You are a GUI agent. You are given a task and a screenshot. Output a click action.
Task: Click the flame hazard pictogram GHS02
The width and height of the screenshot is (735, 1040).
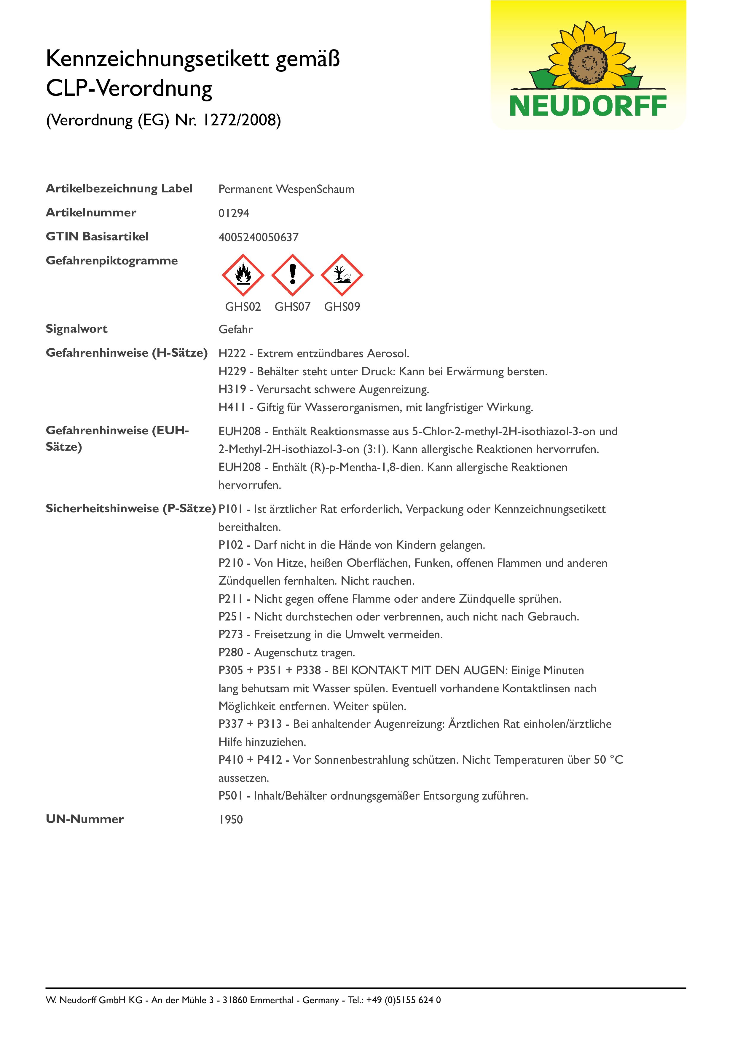[243, 275]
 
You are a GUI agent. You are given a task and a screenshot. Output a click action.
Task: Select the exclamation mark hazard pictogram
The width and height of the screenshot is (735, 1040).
[293, 275]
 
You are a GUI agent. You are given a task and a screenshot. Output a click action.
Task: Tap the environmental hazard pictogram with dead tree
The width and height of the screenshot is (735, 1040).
[342, 275]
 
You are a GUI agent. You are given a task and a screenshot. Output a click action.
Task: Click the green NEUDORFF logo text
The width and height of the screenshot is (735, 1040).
[588, 106]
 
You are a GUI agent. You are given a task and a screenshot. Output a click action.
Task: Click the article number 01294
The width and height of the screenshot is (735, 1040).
[234, 213]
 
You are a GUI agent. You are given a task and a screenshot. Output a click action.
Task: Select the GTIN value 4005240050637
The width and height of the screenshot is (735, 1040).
[259, 237]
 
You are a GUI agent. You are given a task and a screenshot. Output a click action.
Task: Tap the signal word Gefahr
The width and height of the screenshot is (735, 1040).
[235, 329]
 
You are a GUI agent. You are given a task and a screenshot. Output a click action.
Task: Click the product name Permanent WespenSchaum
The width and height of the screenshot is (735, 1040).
[286, 189]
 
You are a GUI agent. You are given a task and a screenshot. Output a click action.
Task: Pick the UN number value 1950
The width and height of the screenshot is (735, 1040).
[230, 819]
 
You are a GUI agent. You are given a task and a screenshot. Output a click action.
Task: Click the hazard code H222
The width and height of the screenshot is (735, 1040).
[232, 353]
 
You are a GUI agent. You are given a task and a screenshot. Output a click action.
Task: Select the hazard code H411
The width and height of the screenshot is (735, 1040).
[232, 407]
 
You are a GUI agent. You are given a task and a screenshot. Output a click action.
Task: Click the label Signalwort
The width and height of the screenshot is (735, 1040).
[76, 329]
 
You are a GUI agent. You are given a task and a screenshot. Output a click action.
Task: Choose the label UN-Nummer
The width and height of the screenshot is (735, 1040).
[85, 819]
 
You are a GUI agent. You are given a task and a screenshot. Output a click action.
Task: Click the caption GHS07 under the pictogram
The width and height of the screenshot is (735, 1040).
[293, 307]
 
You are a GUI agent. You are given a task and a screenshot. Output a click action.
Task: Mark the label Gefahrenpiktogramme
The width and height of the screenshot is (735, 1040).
[112, 261]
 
